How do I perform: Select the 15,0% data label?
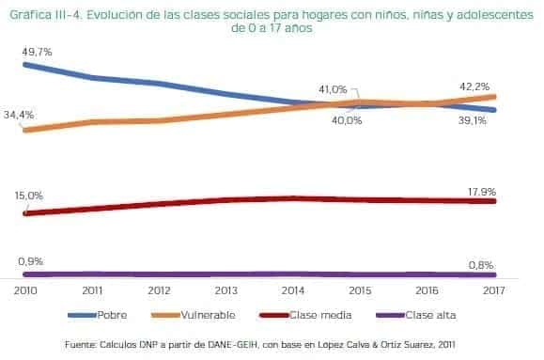[x=29, y=196]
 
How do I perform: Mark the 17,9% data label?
[x=482, y=192]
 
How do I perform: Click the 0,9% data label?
[x=29, y=260]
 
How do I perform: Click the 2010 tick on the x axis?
[x=24, y=291]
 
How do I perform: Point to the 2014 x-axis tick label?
[x=293, y=291]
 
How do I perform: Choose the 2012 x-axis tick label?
[x=159, y=291]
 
